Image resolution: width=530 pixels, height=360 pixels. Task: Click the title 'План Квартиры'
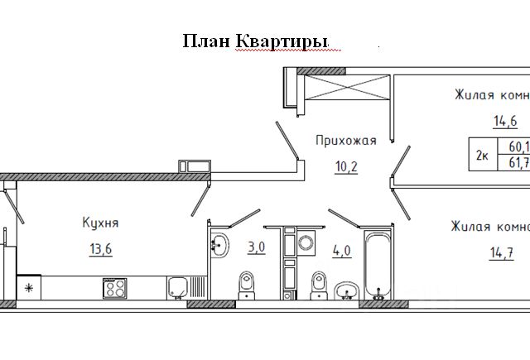pos(255,42)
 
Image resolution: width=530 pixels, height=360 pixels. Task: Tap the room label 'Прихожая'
pos(345,141)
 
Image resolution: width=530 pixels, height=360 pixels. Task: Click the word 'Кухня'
pos(100,223)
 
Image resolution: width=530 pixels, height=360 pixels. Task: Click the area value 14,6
pos(505,122)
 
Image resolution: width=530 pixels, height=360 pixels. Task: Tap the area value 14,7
pos(504,253)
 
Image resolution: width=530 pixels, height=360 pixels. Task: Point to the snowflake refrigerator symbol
pos(29,288)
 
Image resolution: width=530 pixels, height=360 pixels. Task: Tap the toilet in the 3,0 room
pos(247,285)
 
